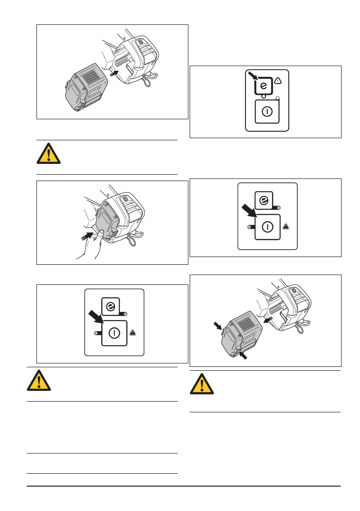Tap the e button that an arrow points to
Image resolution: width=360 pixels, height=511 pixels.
263,86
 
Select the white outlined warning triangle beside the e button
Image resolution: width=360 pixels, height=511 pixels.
277,80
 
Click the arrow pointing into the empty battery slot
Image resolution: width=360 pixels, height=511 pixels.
114,73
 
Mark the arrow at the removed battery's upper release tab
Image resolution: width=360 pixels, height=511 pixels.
218,327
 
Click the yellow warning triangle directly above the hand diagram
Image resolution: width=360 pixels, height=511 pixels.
48,154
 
